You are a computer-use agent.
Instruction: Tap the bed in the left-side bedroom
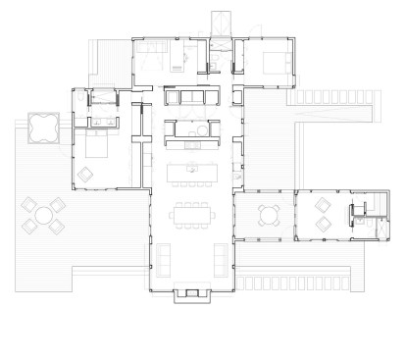(97, 146)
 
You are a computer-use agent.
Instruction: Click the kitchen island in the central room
(192, 174)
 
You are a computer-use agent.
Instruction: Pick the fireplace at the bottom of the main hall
(191, 294)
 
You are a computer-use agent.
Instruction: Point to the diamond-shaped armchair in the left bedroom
(85, 175)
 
